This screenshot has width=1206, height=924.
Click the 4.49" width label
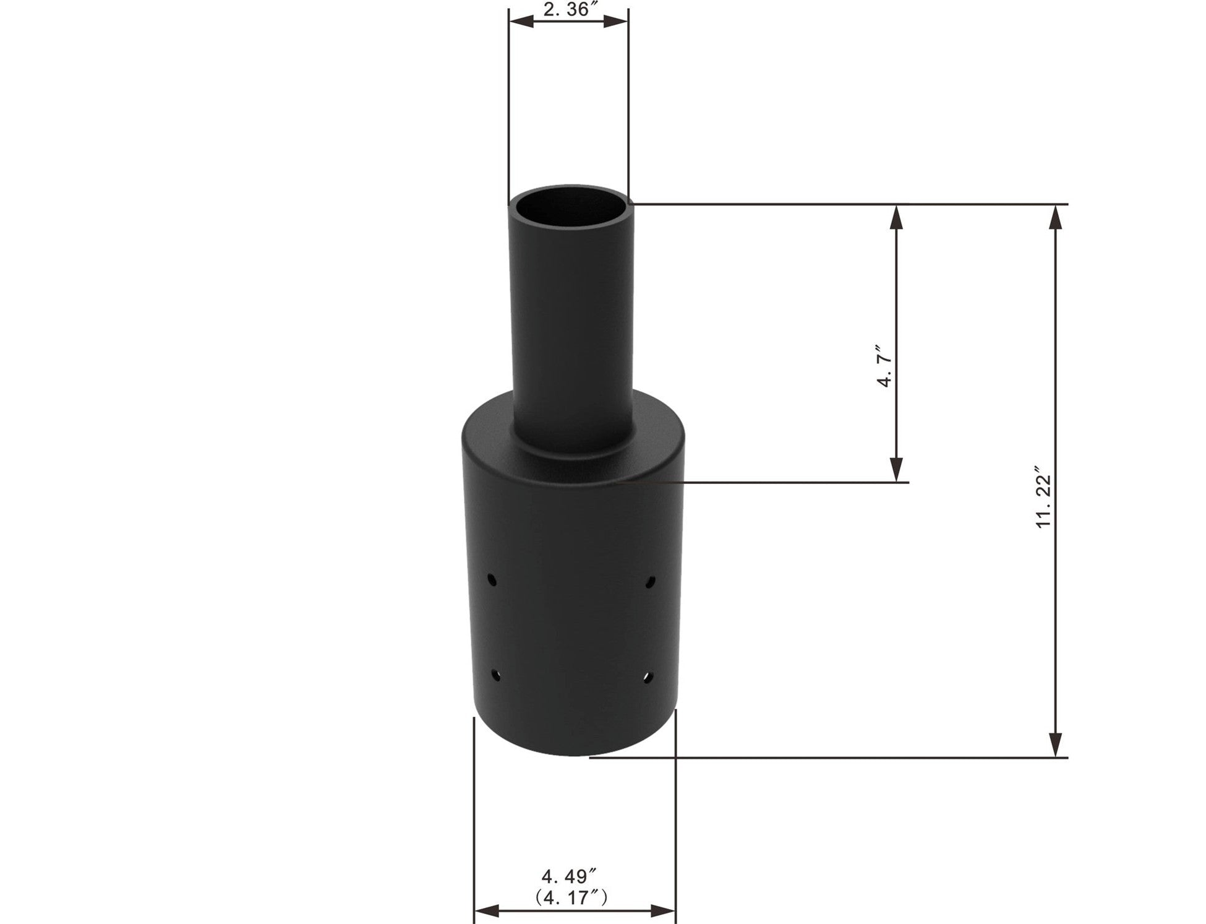coord(570,875)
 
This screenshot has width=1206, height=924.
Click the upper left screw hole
coord(492,580)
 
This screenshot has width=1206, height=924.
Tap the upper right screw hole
coord(651,581)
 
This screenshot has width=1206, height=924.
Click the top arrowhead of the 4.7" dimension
coord(896,215)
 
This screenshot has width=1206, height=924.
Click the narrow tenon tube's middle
coord(572,309)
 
